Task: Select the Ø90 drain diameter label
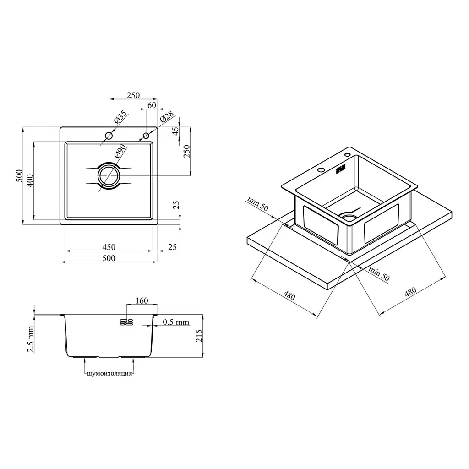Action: pos(120,151)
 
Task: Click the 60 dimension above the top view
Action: pos(152,105)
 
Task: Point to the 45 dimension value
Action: pos(175,131)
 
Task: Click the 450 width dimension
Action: pos(109,247)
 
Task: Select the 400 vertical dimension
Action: pos(30,180)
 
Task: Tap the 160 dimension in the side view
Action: pos(142,300)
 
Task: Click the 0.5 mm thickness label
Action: pos(176,322)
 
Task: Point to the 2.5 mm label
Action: pos(31,339)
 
